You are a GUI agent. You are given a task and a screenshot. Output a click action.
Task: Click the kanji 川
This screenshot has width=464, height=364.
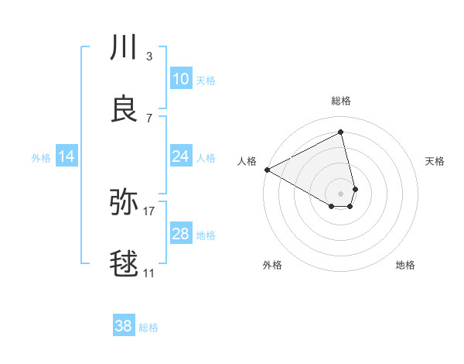click(124, 48)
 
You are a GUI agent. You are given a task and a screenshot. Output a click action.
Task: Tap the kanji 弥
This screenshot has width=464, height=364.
click(124, 203)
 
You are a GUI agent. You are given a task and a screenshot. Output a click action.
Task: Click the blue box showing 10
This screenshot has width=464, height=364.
click(180, 79)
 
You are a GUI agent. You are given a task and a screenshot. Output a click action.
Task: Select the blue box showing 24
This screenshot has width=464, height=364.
click(180, 156)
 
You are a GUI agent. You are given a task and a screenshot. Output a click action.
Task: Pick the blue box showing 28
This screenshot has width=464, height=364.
click(180, 234)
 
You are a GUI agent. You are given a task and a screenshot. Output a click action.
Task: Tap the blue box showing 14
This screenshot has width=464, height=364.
click(67, 156)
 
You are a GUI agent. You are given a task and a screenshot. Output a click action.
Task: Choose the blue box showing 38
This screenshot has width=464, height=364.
click(123, 326)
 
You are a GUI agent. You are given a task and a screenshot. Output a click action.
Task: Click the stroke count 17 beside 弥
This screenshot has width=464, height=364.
click(149, 211)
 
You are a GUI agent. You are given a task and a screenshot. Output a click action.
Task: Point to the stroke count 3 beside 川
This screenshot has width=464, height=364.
click(149, 56)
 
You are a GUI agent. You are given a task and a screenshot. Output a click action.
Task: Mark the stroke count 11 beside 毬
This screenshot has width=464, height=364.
click(149, 273)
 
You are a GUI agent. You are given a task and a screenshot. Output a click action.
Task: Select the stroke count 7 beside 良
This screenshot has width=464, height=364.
click(149, 118)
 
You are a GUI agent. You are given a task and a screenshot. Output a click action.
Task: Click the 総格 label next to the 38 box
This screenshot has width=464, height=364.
click(148, 328)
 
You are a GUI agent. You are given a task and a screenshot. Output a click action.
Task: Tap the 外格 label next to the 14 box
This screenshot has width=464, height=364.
click(41, 158)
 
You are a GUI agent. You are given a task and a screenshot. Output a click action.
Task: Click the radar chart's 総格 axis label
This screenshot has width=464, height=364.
click(341, 101)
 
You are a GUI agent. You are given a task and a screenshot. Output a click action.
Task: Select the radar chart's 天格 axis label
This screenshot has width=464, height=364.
click(435, 161)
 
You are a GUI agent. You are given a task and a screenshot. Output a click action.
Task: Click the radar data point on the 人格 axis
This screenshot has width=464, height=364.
click(267, 170)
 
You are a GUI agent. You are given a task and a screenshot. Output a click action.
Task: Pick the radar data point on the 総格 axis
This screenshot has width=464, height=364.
click(341, 132)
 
